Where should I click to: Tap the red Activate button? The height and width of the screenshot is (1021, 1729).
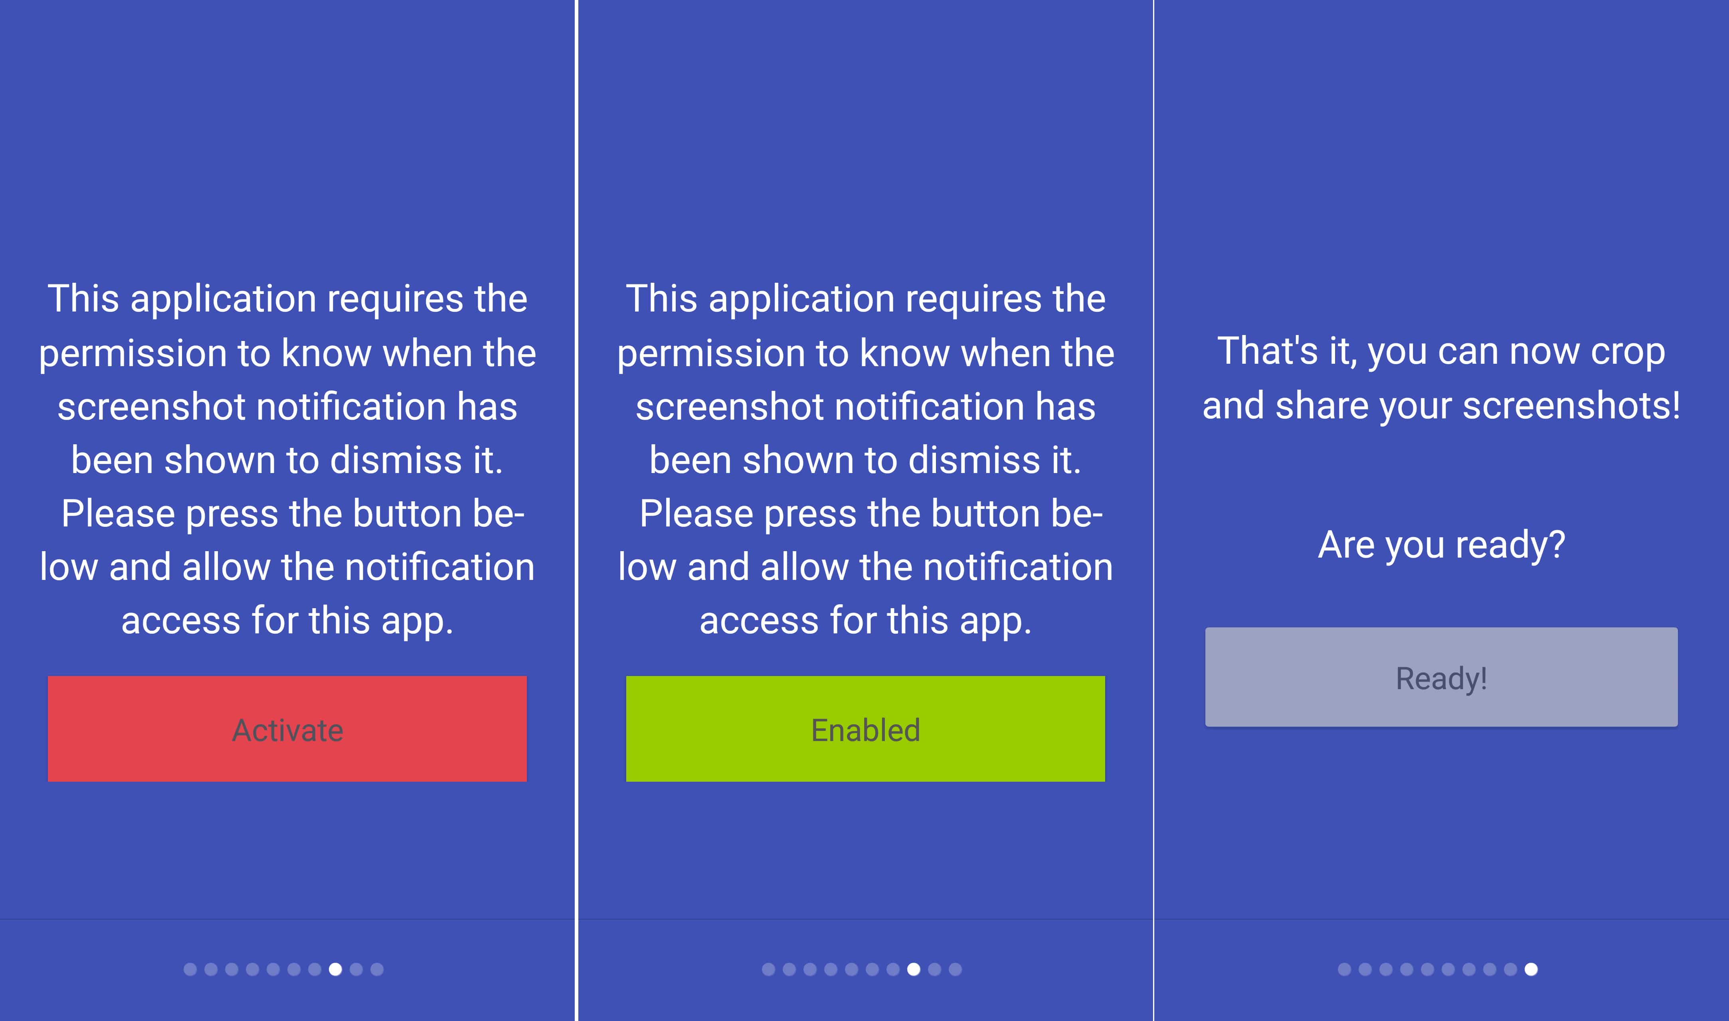pos(287,729)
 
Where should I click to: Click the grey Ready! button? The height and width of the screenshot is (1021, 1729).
pos(1441,677)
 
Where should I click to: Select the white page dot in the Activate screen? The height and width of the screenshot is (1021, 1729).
pos(335,970)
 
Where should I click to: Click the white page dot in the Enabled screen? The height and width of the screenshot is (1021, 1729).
pos(913,970)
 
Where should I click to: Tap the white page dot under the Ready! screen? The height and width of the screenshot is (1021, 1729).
pos(1531,970)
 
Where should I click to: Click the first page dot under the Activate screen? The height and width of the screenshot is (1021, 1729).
pos(190,970)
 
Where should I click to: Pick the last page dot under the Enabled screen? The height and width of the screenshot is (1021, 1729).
pos(955,970)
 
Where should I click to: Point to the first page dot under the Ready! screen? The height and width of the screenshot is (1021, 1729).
pos(1344,970)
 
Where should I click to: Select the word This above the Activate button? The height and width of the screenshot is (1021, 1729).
pos(83,299)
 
